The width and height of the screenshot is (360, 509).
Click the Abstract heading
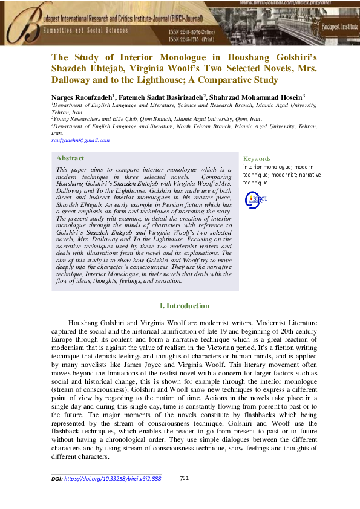(x=70, y=158)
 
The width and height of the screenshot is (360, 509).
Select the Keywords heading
(x=257, y=158)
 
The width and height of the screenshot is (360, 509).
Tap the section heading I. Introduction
(x=184, y=306)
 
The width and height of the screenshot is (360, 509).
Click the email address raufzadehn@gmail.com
(x=80, y=140)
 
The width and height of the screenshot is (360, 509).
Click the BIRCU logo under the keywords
(x=255, y=199)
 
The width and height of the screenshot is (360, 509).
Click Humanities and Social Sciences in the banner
(x=85, y=30)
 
